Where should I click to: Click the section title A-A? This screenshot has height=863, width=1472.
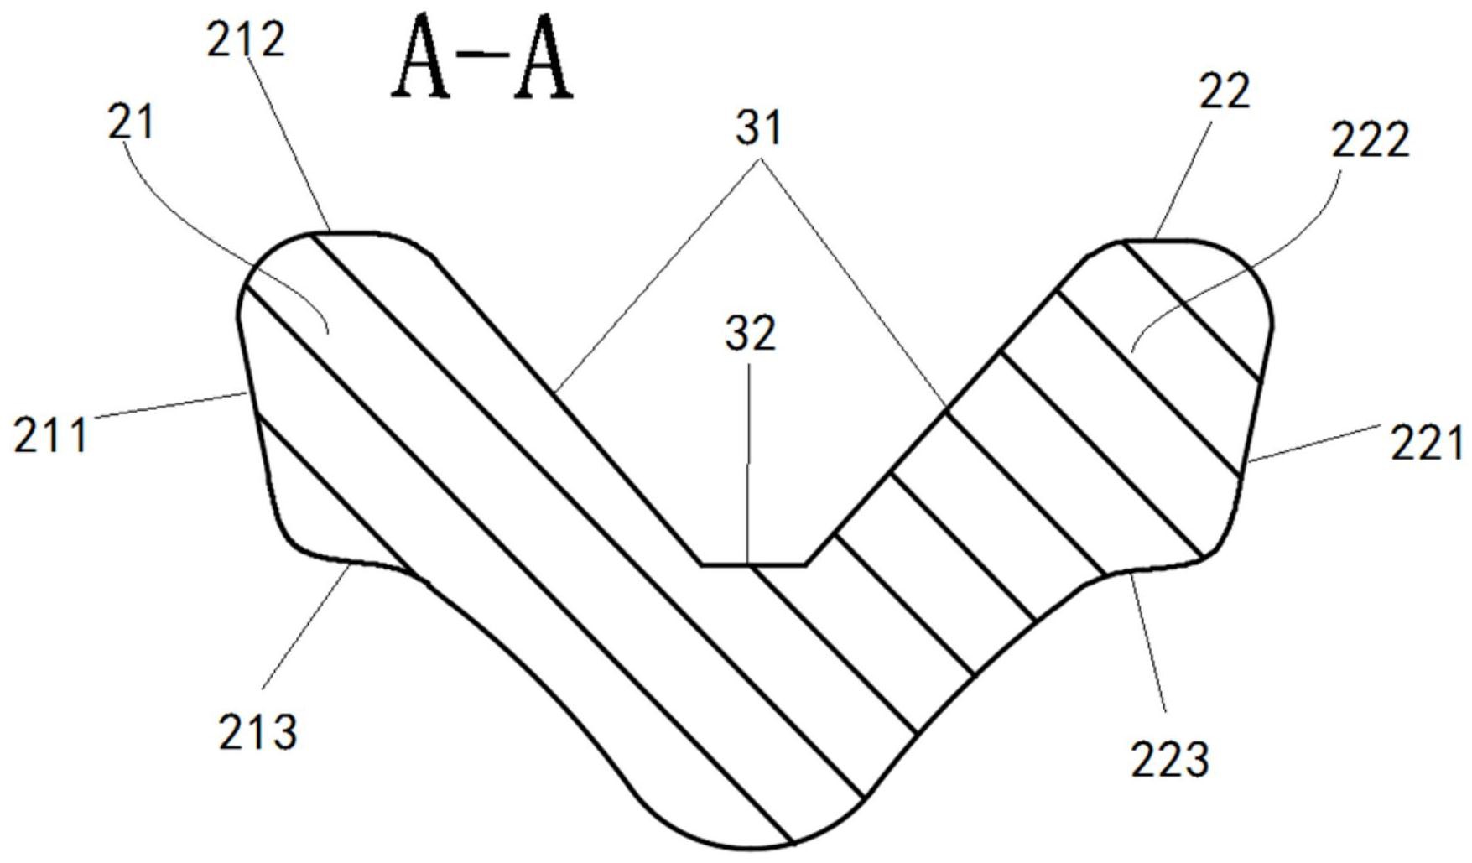click(x=483, y=58)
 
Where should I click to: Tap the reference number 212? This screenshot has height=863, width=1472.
click(x=247, y=39)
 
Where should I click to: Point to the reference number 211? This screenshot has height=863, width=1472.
click(x=50, y=435)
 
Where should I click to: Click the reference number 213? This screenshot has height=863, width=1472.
click(x=258, y=732)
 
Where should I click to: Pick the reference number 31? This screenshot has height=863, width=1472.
click(x=758, y=128)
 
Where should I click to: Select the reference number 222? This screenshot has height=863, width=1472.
click(x=1371, y=140)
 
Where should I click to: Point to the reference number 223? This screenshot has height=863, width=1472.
click(x=1170, y=759)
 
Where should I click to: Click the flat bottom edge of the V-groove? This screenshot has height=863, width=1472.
click(x=753, y=565)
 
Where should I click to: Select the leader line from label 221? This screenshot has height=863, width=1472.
click(x=1313, y=444)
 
